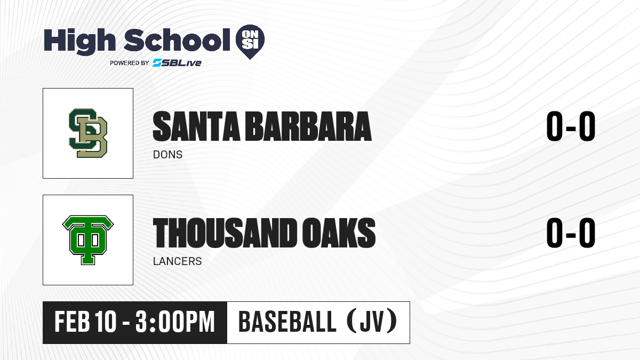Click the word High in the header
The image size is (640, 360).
(79, 41)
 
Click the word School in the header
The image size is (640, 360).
(177, 39)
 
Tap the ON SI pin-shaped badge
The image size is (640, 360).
(250, 42)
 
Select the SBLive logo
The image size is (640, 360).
(177, 63)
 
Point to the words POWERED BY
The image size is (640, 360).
(130, 63)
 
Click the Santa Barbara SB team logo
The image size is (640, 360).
(88, 133)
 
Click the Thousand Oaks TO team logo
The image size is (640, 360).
(88, 240)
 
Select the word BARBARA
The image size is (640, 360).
(309, 126)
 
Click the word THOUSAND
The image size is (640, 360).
(225, 233)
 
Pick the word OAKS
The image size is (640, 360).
(339, 233)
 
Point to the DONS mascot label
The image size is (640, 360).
(167, 155)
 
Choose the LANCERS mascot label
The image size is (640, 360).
(178, 261)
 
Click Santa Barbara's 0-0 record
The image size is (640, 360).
(571, 126)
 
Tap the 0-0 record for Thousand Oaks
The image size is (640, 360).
(571, 233)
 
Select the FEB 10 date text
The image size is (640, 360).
(85, 322)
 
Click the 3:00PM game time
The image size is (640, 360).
(175, 322)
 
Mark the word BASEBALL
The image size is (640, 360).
(287, 322)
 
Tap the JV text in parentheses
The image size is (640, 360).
(372, 322)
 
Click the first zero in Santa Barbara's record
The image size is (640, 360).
(555, 126)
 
